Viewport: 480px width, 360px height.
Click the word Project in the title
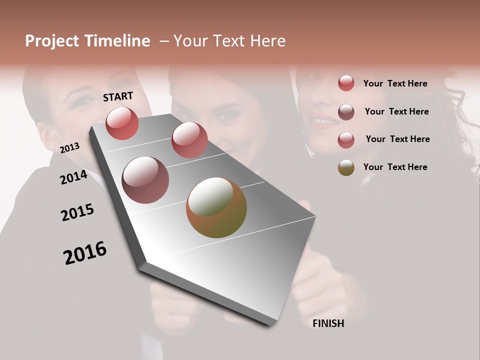point(51,41)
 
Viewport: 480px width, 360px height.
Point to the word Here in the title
point(267,41)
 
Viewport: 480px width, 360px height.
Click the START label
point(118,96)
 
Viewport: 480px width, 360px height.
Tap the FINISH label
point(328,323)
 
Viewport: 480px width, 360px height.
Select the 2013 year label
point(69,148)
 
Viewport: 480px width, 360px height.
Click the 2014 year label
point(73,177)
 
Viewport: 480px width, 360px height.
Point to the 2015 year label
point(77,212)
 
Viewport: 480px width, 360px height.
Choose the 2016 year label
point(85,253)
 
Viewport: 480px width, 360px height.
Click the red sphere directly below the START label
point(122,123)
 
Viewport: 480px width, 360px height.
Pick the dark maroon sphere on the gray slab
point(145,180)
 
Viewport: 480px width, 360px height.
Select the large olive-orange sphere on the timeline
point(216,207)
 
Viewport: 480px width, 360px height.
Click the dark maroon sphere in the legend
point(346,112)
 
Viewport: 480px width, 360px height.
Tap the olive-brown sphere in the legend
point(346,167)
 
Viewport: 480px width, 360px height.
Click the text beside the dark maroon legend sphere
point(396,111)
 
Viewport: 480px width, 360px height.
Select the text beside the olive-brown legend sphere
point(395,167)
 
